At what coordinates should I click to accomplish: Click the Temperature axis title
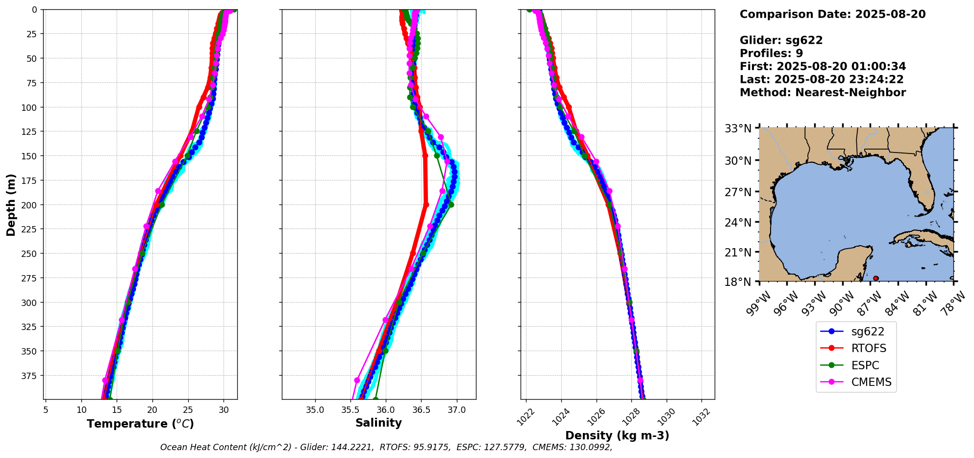[x=140, y=424]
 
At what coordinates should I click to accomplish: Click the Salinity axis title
[x=378, y=423]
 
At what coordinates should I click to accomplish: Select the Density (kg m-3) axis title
[x=617, y=435]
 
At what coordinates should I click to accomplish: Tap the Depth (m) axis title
[x=11, y=204]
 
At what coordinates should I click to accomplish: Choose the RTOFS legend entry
[x=868, y=349]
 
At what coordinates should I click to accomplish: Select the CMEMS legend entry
[x=871, y=382]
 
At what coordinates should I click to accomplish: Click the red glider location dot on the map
[x=876, y=278]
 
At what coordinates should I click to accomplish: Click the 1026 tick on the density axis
[x=594, y=414]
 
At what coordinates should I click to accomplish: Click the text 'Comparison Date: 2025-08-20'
[x=832, y=14]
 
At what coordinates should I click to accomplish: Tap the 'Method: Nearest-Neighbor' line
[x=823, y=92]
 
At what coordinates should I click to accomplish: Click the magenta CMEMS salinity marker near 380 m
[x=357, y=380]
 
